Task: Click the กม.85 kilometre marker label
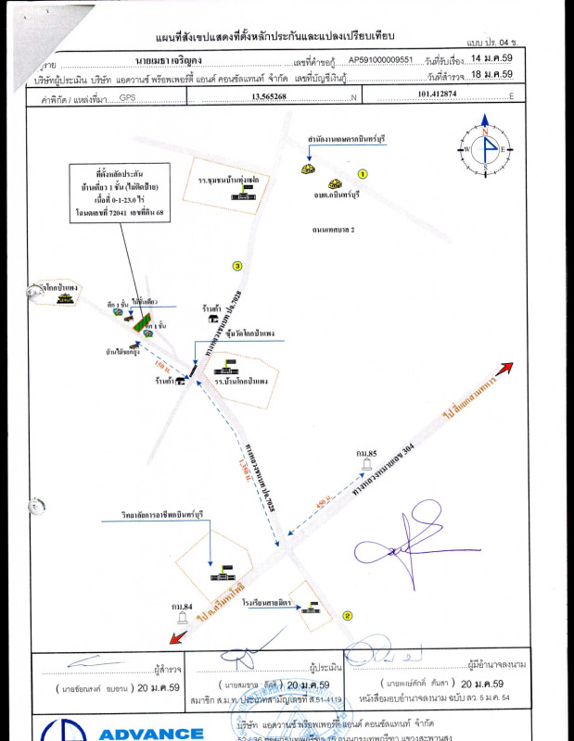pyautogui.click(x=367, y=452)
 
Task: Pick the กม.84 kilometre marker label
pyautogui.click(x=182, y=607)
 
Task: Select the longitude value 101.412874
pyautogui.click(x=440, y=94)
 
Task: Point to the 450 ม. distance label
pyautogui.click(x=322, y=508)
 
